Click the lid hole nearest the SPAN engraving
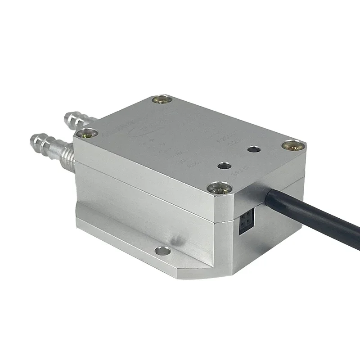(x=223, y=166)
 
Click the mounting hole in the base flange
(x=163, y=251)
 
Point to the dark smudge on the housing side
(x=179, y=238)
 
